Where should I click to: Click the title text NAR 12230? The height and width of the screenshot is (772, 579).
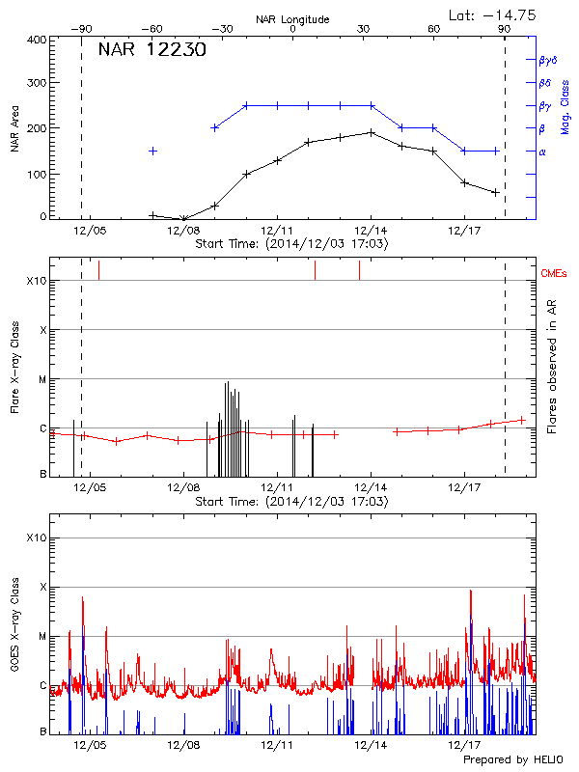pos(152,50)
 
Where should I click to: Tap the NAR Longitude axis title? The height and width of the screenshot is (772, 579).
pos(292,18)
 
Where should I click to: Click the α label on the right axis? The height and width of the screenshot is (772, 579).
pos(541,152)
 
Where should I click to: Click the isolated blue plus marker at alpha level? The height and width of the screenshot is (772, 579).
pos(152,151)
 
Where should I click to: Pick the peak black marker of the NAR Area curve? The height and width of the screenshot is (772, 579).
pos(372,132)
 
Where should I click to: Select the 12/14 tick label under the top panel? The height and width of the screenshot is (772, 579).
pos(371,232)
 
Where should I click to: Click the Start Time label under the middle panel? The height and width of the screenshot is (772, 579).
pos(291,503)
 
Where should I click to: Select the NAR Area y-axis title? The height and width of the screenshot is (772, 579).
pos(14,129)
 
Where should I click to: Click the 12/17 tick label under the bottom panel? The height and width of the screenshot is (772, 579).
pos(464,745)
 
